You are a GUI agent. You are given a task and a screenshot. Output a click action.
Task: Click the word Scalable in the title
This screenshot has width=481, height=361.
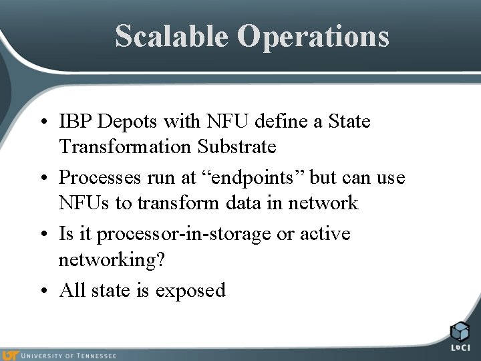click(172, 35)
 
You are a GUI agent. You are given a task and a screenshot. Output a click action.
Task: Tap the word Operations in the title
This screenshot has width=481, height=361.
click(313, 37)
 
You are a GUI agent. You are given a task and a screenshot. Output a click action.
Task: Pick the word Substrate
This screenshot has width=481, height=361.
click(237, 146)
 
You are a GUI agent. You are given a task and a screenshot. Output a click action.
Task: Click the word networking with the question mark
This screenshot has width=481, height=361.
click(111, 259)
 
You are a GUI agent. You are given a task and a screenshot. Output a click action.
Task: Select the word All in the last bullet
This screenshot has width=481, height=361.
click(73, 290)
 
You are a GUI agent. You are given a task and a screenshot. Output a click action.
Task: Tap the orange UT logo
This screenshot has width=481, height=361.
click(10, 355)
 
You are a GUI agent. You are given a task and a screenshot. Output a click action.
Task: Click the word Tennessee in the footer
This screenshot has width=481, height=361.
click(95, 356)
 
